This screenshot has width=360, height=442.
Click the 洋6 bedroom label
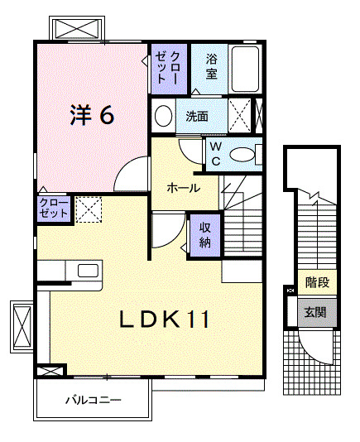point(92,115)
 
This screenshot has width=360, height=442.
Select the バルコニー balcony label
point(94,401)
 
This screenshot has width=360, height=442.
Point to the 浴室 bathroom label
point(211,66)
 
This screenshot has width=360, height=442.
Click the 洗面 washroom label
point(196,117)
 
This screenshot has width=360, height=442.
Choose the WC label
point(214,153)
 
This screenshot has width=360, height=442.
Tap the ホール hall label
point(183,188)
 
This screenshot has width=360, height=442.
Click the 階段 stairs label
point(316,283)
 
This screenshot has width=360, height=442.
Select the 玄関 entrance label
point(315,312)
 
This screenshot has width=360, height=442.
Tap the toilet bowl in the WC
point(242,154)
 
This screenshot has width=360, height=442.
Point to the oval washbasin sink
point(163,115)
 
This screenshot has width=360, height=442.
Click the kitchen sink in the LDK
point(87,270)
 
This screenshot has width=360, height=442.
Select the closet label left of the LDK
point(53,208)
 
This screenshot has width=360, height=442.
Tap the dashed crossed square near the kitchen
point(88,209)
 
